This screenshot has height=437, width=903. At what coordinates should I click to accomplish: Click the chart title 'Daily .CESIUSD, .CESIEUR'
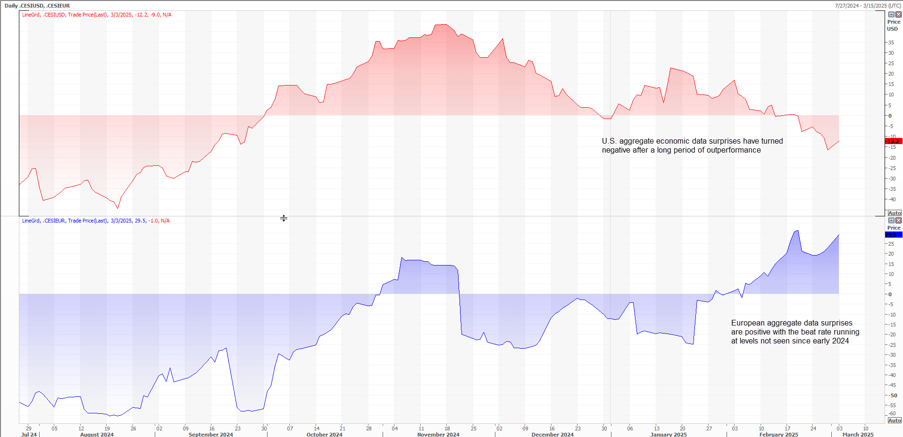pos(37,6)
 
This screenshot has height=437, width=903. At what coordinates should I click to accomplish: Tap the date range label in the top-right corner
pos(868,6)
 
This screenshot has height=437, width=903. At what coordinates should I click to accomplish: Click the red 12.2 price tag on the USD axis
pos(894,141)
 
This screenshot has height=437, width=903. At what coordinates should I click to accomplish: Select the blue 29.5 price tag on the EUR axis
pos(894,235)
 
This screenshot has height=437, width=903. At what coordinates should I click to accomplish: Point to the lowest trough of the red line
pos(117,208)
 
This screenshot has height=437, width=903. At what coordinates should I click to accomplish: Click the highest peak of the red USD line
pos(443,24)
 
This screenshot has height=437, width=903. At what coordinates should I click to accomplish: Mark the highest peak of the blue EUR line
pos(797,231)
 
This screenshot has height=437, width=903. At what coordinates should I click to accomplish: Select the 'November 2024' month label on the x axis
pos(438,434)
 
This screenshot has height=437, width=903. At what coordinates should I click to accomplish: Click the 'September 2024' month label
pos(211,434)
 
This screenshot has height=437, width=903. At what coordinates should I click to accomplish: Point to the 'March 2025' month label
pos(858,434)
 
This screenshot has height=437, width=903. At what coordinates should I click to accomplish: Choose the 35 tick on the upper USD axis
pos(891,43)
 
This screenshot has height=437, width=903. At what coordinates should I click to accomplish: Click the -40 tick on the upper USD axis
pos(891,199)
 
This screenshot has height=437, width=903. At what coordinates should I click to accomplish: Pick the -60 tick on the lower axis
pos(891,413)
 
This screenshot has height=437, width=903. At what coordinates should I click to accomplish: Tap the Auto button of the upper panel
pos(895,213)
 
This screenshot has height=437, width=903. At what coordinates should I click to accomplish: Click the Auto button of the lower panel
pos(895,420)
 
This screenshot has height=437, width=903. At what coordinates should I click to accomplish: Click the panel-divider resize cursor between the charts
pos(284,218)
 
